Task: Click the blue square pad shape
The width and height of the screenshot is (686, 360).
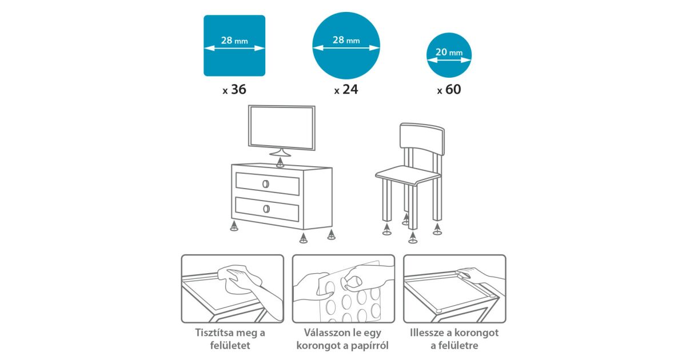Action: [x=234, y=46]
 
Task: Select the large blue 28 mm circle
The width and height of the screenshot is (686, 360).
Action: [x=346, y=46]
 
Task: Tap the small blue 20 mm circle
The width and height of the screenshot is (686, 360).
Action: [x=449, y=55]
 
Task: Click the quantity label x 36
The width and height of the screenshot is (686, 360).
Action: [x=234, y=89]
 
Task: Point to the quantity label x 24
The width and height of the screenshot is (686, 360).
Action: [x=346, y=89]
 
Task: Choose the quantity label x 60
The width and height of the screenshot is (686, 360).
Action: [x=449, y=89]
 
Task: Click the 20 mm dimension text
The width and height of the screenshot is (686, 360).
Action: [x=449, y=52]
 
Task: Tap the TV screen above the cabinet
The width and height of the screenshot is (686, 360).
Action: [x=282, y=127]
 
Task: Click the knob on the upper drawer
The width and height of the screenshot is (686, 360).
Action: [x=266, y=184]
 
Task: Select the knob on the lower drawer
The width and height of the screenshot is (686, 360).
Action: [x=266, y=209]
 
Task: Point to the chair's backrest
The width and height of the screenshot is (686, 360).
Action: [x=422, y=139]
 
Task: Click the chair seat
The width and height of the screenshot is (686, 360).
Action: [x=408, y=176]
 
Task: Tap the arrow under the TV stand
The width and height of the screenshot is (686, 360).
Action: [x=280, y=162]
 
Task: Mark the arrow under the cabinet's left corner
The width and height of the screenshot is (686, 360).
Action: [x=234, y=226]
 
